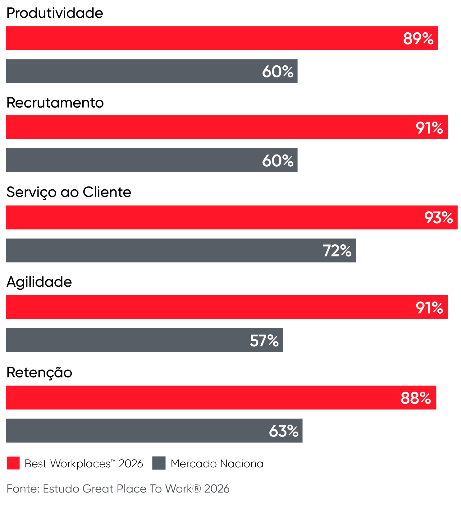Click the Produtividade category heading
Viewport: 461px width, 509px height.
55,13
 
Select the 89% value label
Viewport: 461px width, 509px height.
418,39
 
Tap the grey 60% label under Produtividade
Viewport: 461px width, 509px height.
278,72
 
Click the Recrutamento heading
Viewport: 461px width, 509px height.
55,103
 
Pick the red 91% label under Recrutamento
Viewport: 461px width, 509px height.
429,128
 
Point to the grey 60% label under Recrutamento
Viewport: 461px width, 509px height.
278,161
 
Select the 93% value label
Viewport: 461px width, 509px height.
438,218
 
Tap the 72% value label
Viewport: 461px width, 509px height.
337,251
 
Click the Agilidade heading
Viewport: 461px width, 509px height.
39,282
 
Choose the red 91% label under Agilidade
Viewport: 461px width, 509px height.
429,308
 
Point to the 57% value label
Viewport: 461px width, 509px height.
264,340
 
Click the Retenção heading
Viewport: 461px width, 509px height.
39,372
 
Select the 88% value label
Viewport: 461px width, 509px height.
416,398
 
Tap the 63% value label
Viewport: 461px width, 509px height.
284,431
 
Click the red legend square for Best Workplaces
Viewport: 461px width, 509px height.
13,463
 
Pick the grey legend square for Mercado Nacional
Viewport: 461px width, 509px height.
159,463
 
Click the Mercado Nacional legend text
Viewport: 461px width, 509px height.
218,464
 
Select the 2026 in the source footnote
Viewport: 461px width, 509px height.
217,489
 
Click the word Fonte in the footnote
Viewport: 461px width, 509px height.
22,489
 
